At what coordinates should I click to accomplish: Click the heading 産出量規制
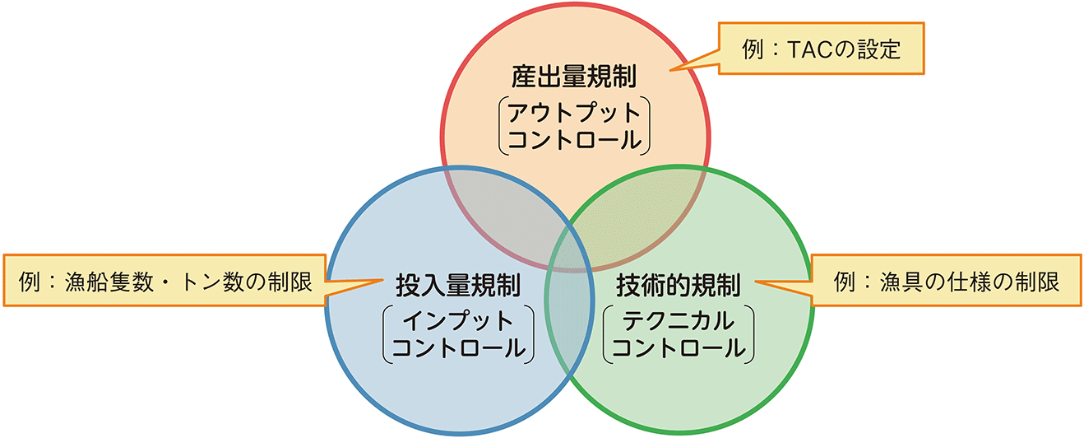(x=574, y=78)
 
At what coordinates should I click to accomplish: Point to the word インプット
(x=458, y=319)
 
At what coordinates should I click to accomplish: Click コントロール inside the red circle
(x=574, y=139)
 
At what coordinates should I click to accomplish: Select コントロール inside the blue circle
(x=458, y=347)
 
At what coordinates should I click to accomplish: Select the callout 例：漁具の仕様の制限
(x=946, y=281)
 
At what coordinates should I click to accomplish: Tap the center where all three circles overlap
(x=573, y=235)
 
